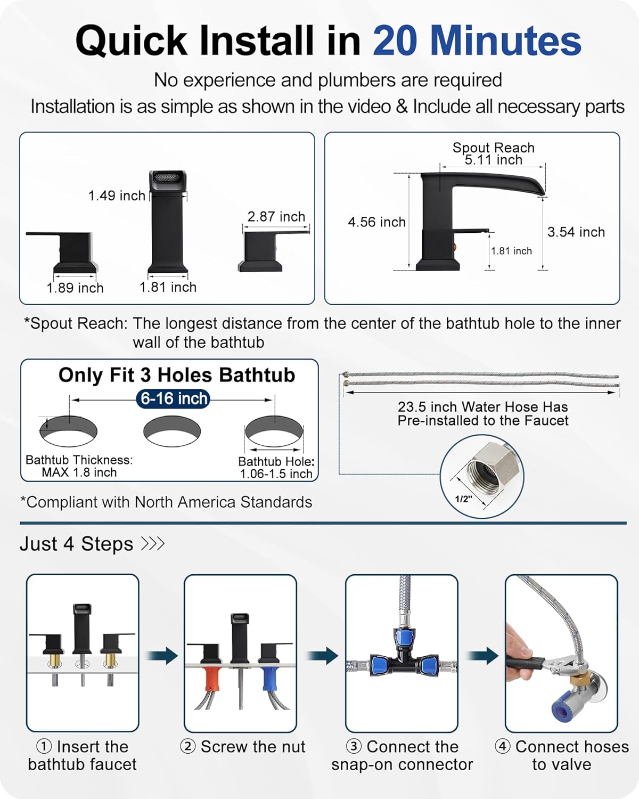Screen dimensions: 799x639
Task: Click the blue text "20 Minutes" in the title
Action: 477,41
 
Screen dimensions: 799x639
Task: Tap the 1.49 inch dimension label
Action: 117,196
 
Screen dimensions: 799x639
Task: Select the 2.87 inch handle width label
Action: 276,217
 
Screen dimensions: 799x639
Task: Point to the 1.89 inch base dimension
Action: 75,288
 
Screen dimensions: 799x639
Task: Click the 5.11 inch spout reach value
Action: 493,160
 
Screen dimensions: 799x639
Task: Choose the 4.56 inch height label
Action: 376,222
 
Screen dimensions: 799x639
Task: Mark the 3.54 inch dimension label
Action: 576,232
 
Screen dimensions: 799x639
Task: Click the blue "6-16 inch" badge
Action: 174,398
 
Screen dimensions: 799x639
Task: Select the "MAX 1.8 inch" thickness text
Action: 79,472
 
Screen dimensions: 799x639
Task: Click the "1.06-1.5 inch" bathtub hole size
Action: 276,474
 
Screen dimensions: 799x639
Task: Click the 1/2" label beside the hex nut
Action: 463,499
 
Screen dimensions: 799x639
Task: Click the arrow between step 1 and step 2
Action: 162,655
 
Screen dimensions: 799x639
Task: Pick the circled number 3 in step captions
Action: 354,747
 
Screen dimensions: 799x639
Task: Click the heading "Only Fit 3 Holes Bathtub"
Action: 177,376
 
